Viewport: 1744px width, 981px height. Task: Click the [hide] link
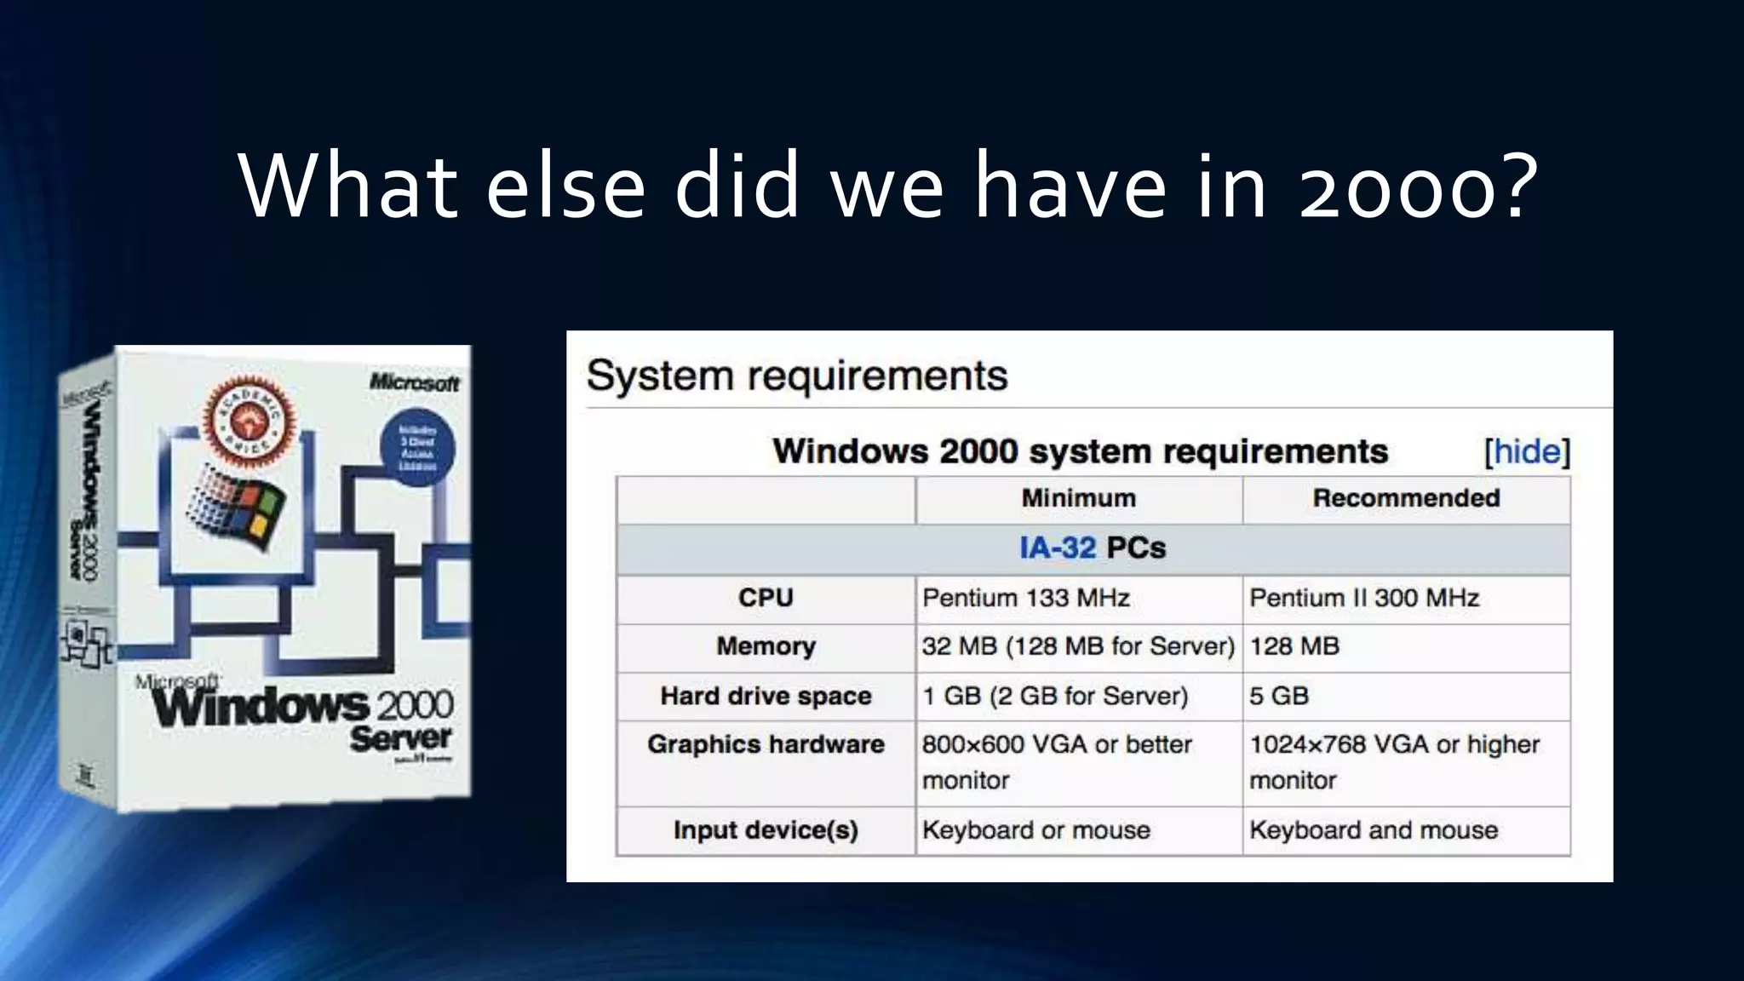(1527, 451)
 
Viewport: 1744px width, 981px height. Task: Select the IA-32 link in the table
(1057, 548)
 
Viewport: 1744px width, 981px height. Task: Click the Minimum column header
(1078, 498)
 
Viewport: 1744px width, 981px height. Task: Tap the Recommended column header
(1406, 498)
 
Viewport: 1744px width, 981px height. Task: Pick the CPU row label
(766, 598)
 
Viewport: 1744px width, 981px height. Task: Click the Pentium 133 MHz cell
(1026, 598)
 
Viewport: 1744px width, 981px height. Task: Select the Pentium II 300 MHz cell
(1364, 598)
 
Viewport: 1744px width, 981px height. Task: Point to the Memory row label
(766, 646)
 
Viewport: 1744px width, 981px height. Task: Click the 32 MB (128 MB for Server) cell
(1077, 646)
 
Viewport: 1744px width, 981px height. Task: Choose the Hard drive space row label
(766, 696)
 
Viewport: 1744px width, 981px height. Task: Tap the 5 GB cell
(1279, 696)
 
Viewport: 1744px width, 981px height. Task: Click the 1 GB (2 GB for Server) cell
(1055, 696)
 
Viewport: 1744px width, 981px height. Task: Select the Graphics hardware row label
(766, 744)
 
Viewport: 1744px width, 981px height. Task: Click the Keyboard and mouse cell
(1373, 829)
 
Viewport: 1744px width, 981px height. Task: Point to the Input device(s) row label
(766, 829)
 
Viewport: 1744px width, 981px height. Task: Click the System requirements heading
(796, 376)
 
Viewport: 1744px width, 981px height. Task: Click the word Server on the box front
(400, 737)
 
